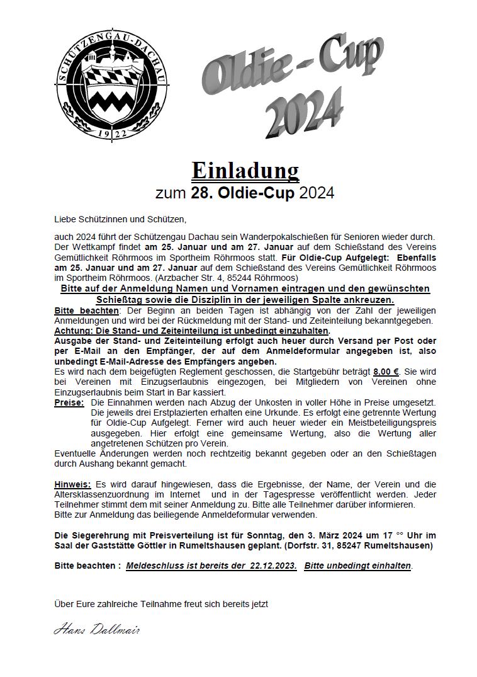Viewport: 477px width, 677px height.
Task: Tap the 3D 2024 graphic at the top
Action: click(304, 114)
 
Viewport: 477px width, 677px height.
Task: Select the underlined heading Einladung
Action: click(245, 170)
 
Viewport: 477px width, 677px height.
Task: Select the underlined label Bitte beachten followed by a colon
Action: click(86, 310)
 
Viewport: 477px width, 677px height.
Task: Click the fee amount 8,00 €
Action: click(386, 372)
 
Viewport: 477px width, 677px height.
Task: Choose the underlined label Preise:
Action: click(69, 402)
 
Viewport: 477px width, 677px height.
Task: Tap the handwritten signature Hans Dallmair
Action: click(96, 630)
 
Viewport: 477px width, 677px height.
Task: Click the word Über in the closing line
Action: click(64, 605)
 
